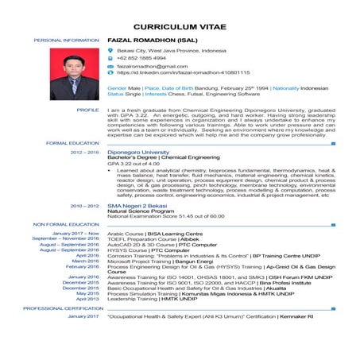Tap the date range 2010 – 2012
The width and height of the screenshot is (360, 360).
pyautogui.click(x=85, y=205)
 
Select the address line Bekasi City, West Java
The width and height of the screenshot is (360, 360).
pyautogui.click(x=171, y=50)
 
